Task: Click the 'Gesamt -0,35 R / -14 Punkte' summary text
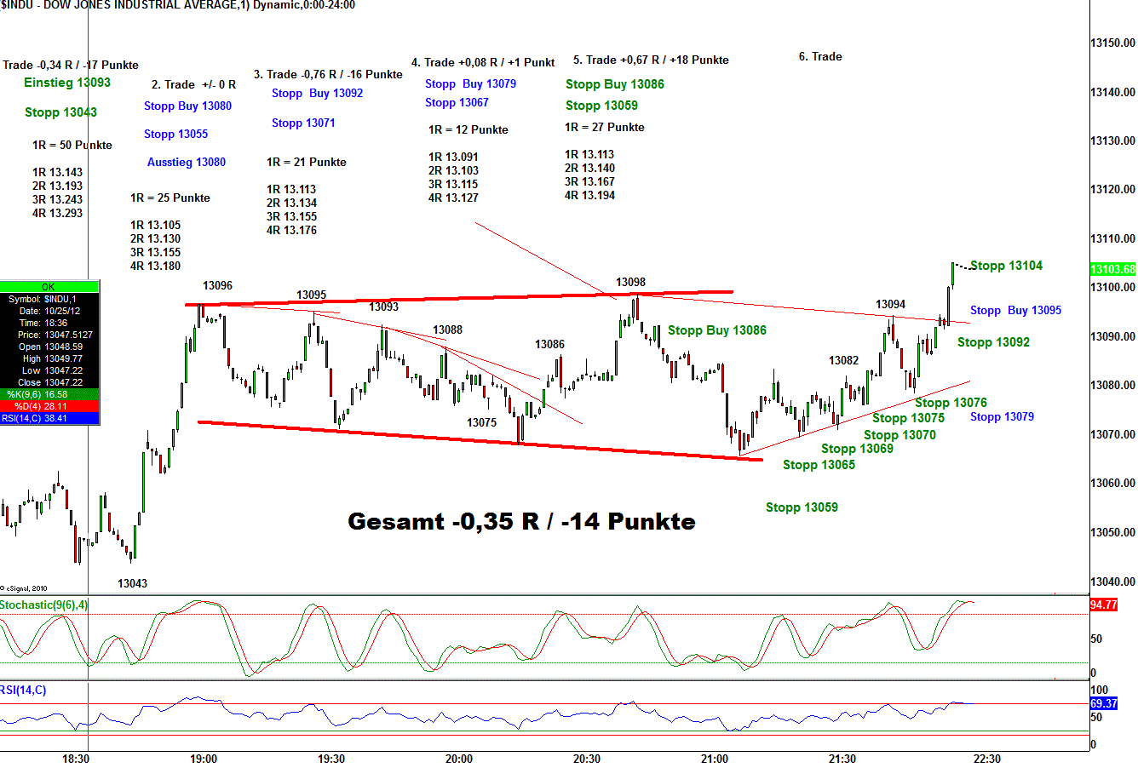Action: click(521, 521)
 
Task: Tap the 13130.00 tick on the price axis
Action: click(1112, 140)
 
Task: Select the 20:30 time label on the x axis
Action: click(586, 759)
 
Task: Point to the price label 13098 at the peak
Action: click(630, 282)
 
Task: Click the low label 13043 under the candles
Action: click(132, 583)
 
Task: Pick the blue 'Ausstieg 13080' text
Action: click(187, 162)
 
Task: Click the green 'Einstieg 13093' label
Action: click(67, 83)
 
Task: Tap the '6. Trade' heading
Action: click(820, 56)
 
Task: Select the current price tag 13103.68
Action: click(1112, 269)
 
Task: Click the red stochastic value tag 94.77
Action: click(1103, 605)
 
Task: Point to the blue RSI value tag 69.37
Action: click(1103, 704)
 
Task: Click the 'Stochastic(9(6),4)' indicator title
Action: click(44, 605)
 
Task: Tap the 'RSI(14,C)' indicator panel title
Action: click(24, 690)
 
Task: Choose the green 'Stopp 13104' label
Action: click(1006, 266)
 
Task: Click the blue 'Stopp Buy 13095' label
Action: click(1015, 310)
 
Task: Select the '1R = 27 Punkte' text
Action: click(605, 127)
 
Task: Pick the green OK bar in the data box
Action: click(49, 287)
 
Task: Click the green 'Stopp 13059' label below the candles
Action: click(802, 507)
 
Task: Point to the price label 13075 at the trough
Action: click(481, 422)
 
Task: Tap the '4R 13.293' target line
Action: click(58, 213)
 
